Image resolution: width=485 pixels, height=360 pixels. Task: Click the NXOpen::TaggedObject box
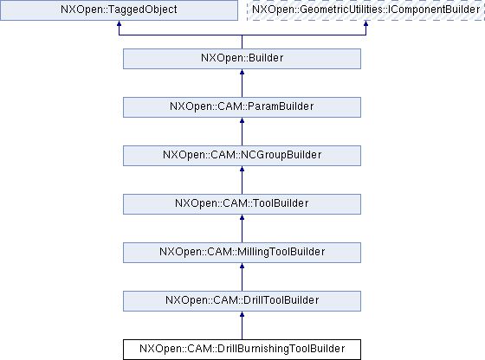(119, 10)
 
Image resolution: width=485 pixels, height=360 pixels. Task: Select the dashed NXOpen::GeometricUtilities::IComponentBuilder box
(365, 10)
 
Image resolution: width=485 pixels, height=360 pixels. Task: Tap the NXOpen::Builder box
(242, 59)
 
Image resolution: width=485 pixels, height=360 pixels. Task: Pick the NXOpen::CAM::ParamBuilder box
(242, 107)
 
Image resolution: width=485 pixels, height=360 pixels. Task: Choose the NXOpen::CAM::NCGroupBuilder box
(242, 156)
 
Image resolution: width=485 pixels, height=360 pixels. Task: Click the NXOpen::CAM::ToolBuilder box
(242, 204)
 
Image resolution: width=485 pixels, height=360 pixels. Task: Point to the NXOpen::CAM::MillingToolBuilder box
(242, 253)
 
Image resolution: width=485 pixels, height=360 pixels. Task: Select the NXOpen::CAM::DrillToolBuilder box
(242, 301)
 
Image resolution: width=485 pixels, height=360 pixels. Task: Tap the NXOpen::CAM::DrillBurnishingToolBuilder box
(242, 350)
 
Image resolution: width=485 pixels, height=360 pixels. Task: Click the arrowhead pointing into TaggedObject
(119, 23)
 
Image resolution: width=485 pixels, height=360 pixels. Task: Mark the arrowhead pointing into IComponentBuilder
(365, 23)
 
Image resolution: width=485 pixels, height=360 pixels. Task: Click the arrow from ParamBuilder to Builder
(242, 83)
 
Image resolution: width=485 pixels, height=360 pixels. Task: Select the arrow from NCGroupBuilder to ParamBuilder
(242, 132)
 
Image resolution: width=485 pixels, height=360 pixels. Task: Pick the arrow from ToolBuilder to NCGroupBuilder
(242, 180)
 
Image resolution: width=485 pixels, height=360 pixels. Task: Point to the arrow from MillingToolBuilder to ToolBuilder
(242, 228)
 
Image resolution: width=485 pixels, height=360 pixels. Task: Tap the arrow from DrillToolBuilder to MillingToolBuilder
(242, 277)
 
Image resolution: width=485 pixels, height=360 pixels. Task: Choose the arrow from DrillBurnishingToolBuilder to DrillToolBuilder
(242, 325)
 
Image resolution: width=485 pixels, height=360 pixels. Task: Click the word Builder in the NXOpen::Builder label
(266, 58)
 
